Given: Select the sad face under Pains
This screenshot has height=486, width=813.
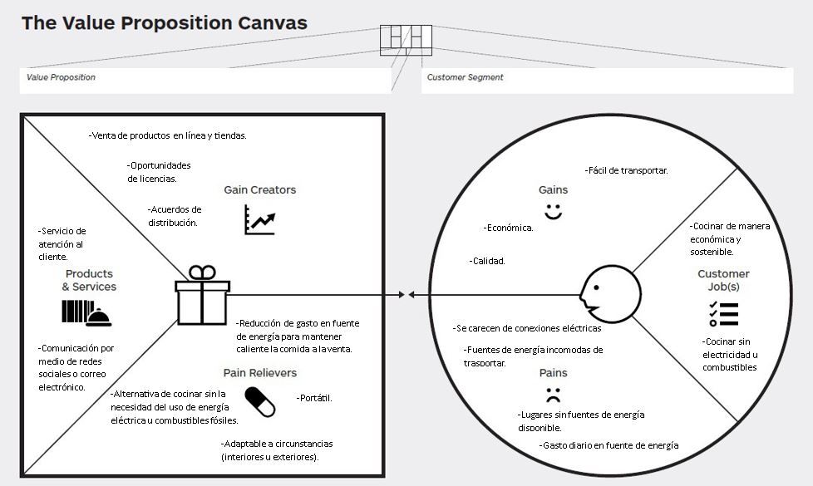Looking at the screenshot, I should click(553, 393).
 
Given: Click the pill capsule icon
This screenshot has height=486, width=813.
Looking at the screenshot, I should click(259, 403).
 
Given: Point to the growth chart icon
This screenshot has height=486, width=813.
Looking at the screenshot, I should click(259, 219).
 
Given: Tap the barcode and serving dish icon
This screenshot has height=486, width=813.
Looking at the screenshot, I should click(86, 312).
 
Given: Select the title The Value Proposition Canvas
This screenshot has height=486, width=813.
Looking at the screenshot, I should click(164, 22).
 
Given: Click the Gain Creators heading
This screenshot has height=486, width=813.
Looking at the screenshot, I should click(259, 189).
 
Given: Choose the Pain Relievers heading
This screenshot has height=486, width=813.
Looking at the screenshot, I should click(259, 373).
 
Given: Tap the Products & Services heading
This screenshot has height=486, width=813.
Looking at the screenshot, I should click(89, 280).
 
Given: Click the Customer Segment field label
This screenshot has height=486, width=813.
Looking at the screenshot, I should click(465, 77).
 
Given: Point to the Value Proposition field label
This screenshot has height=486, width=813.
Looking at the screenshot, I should click(61, 77).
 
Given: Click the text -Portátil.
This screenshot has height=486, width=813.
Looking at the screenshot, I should click(314, 398).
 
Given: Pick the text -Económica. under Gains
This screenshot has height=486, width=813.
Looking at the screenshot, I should click(508, 228).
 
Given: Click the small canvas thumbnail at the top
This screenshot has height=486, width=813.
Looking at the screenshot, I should click(406, 40).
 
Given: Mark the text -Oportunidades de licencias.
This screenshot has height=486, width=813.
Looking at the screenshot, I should click(159, 171).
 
